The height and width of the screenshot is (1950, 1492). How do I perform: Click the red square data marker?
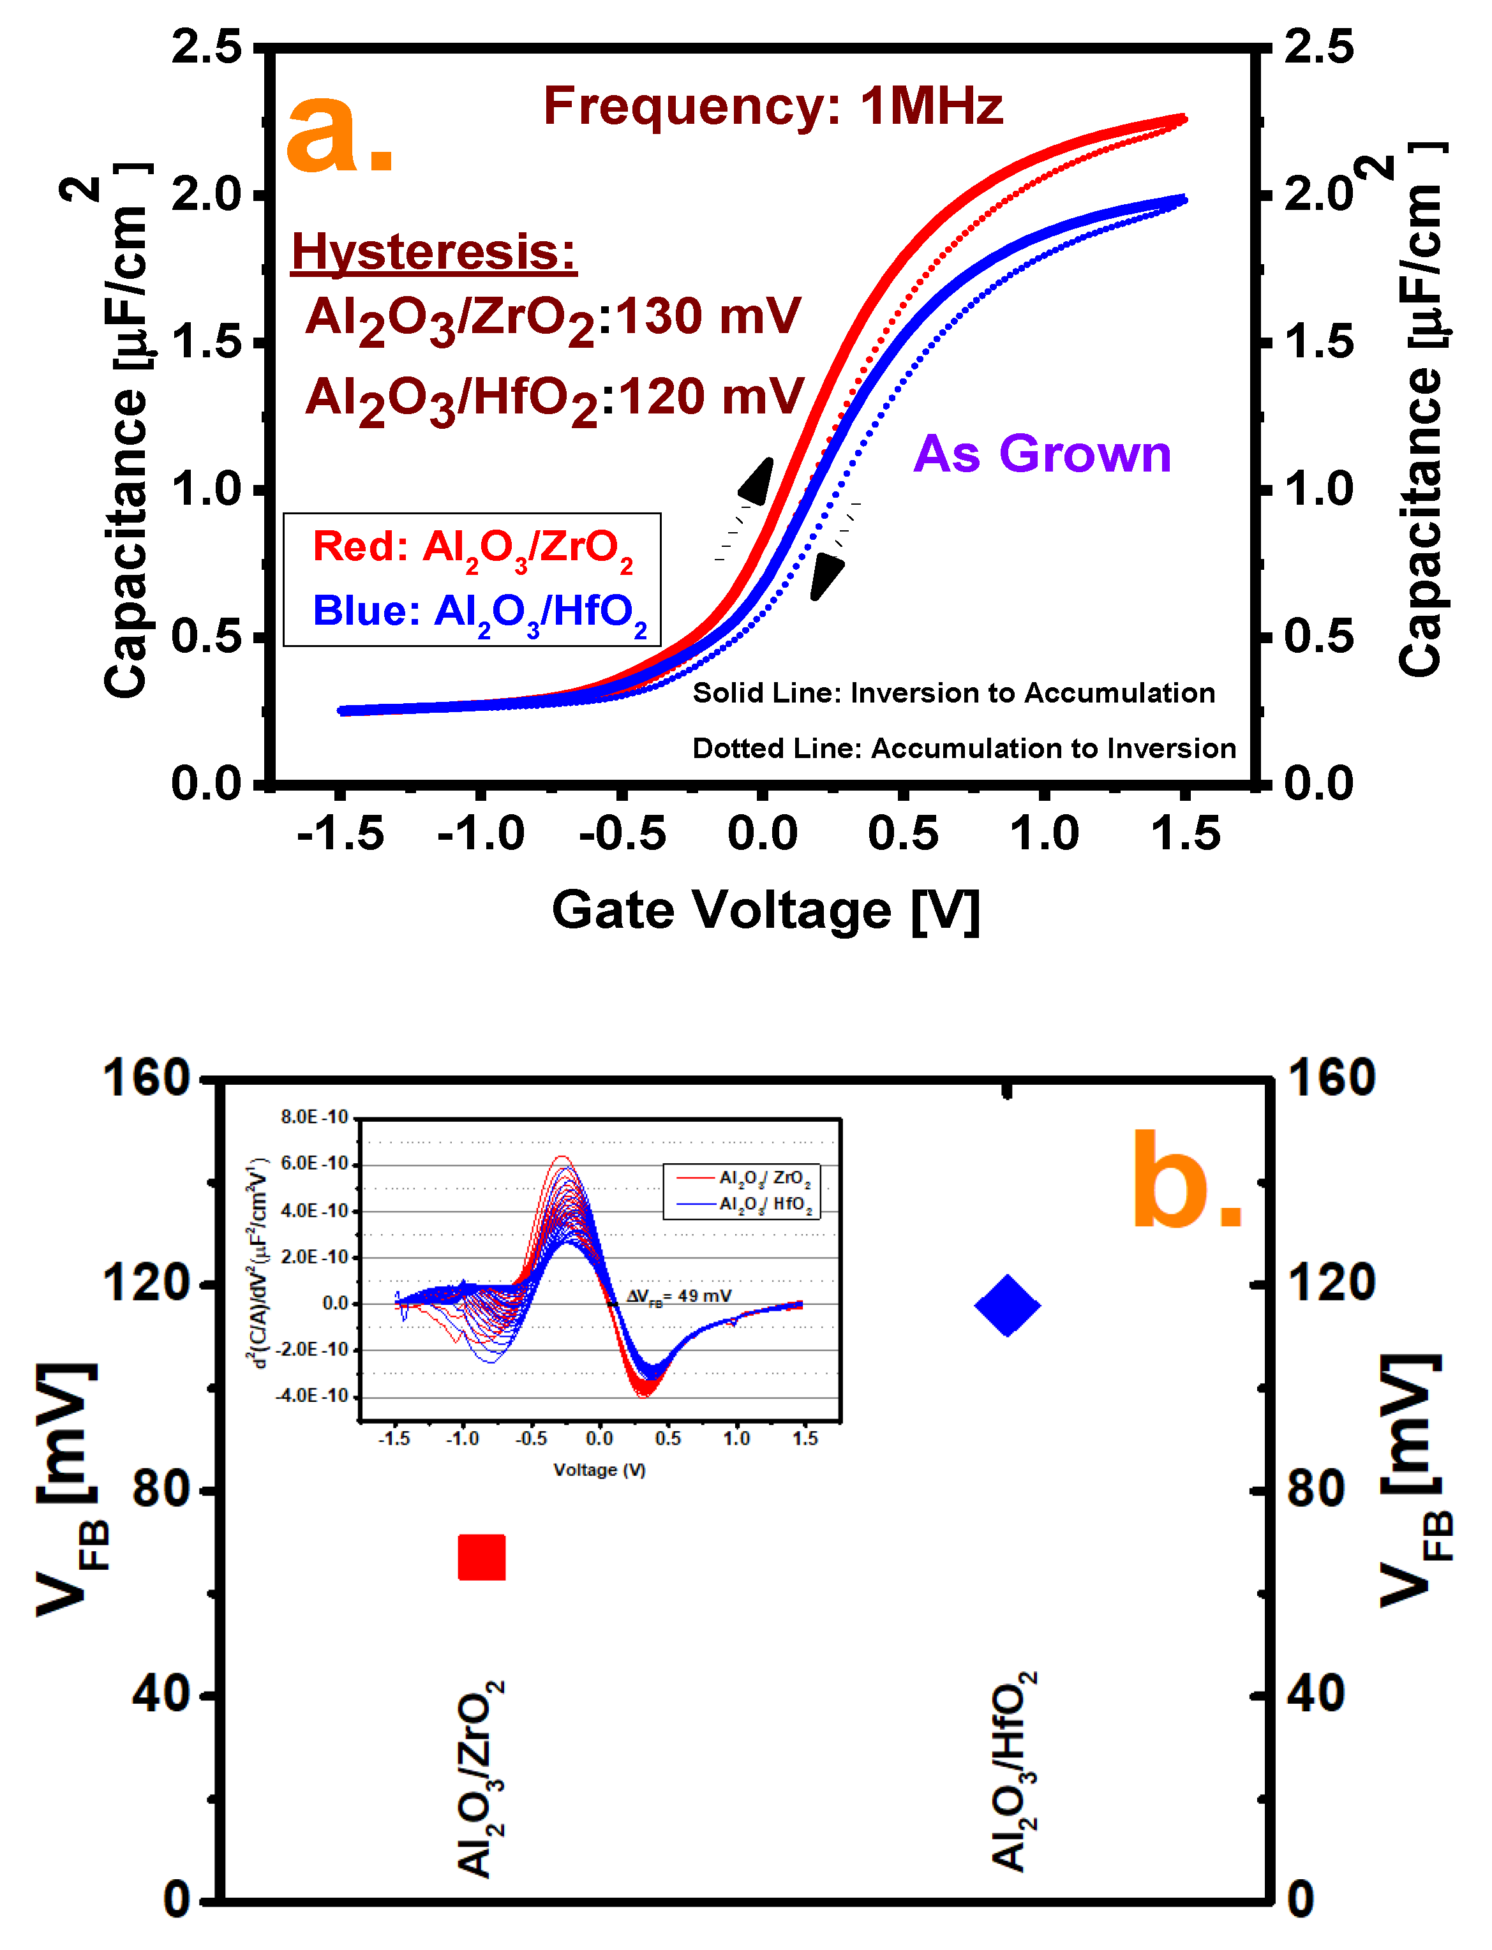[x=481, y=1558]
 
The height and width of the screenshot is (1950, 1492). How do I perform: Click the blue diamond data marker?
[x=1007, y=1306]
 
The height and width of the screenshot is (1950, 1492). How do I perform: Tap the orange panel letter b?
[x=1186, y=1181]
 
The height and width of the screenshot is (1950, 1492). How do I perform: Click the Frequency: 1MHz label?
[x=773, y=106]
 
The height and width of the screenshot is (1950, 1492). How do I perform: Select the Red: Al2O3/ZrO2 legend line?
[x=472, y=548]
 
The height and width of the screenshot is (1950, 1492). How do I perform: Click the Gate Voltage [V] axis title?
[x=766, y=910]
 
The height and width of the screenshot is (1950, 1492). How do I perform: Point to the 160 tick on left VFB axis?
[x=147, y=1078]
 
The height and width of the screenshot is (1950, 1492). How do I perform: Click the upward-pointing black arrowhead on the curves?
[x=757, y=482]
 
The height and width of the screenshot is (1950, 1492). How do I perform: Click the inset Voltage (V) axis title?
[x=599, y=1470]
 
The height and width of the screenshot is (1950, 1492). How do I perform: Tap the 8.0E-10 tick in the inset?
[x=315, y=1117]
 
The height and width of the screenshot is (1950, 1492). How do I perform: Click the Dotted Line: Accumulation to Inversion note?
[x=964, y=748]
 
